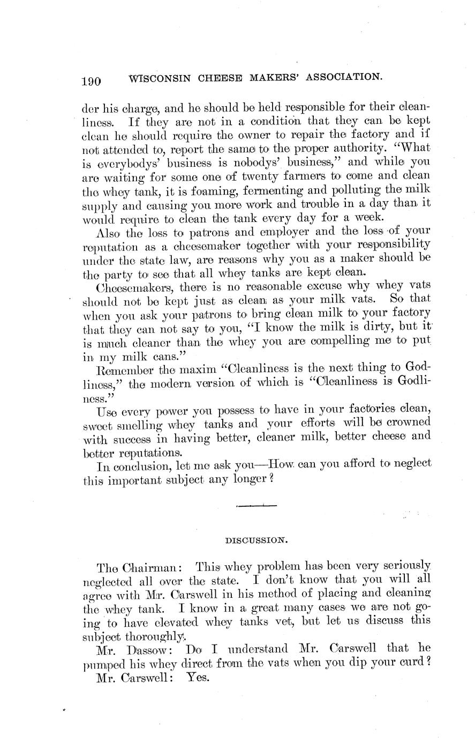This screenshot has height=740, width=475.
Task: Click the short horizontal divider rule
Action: [256, 505]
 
